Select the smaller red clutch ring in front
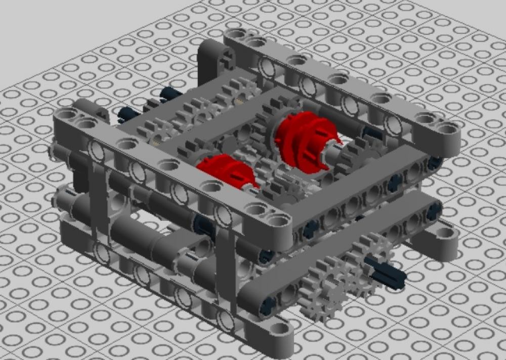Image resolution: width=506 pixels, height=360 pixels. [223, 170]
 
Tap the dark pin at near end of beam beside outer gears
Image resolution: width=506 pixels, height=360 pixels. [267, 303]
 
